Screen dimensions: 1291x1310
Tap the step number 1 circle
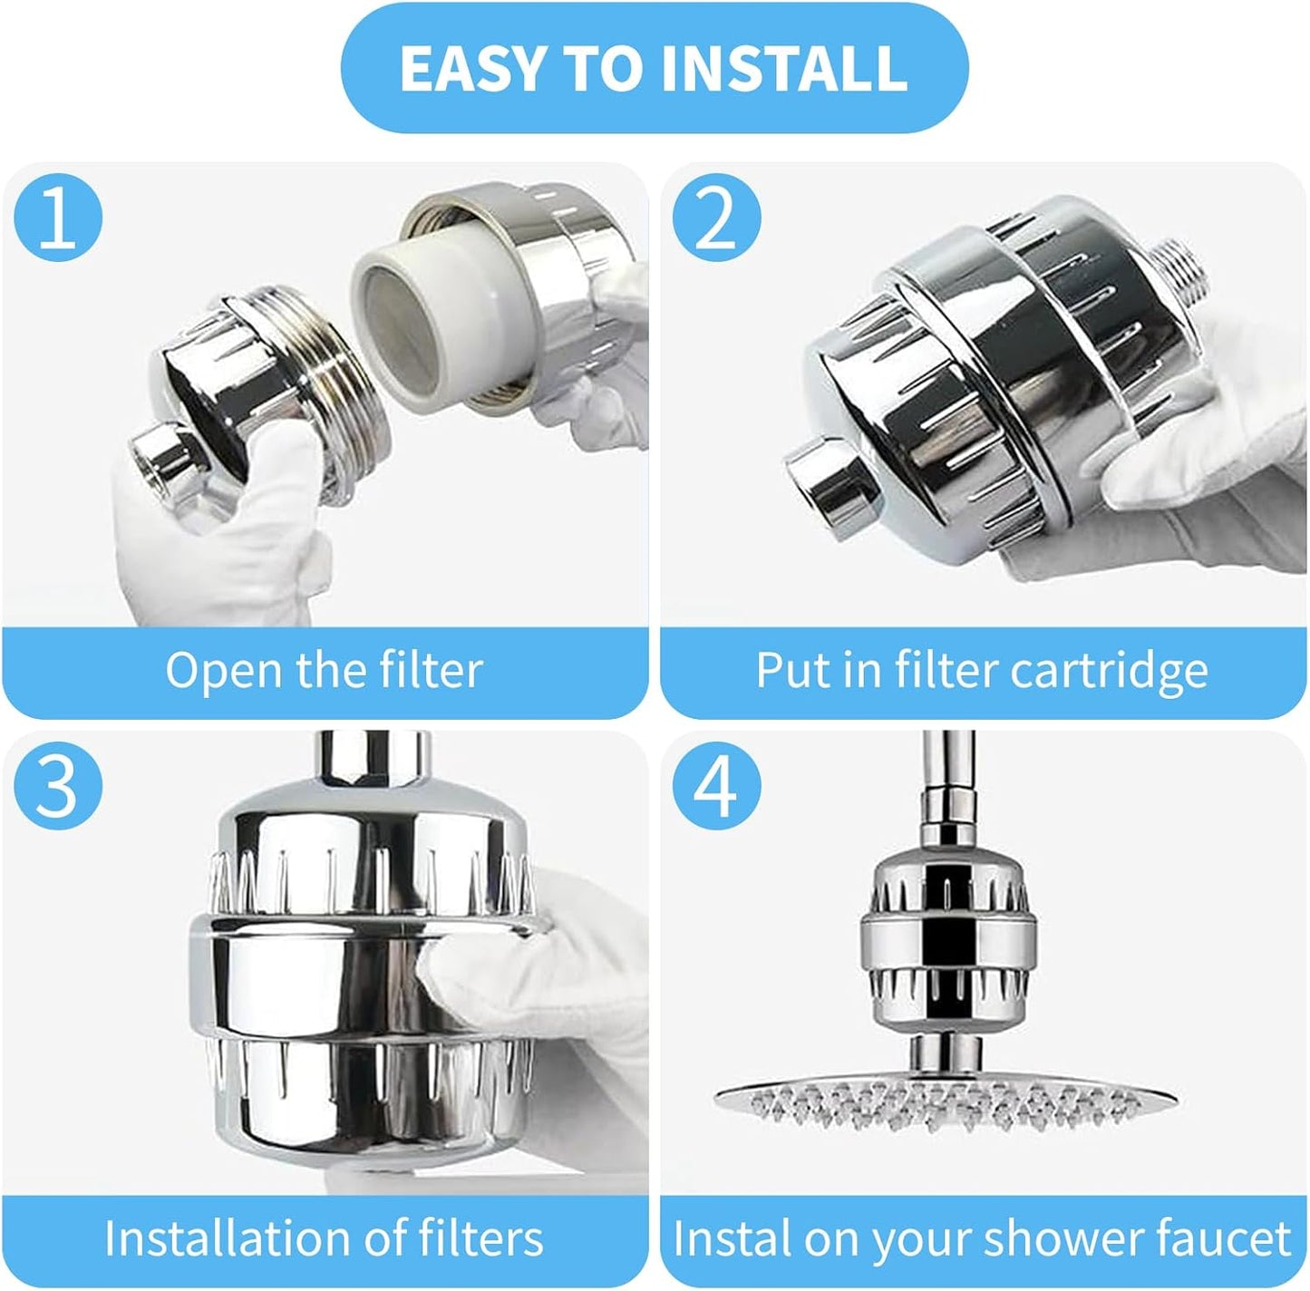58,220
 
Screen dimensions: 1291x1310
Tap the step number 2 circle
716,220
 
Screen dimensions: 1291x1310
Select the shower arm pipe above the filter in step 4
944,771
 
